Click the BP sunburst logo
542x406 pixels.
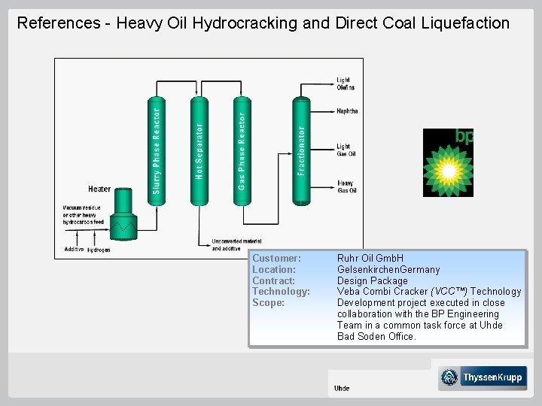point(448,164)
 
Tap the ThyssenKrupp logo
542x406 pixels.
point(483,377)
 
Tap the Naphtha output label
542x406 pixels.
point(347,111)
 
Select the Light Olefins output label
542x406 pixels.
point(345,83)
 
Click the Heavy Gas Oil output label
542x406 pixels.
point(346,186)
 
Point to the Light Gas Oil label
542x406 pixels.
point(346,150)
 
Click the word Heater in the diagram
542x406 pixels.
point(99,189)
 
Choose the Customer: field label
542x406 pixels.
point(276,258)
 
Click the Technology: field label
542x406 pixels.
point(281,291)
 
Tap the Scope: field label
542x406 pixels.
point(268,302)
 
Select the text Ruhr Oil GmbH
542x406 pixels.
point(370,258)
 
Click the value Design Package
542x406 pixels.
point(372,280)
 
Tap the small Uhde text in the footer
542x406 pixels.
point(342,388)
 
